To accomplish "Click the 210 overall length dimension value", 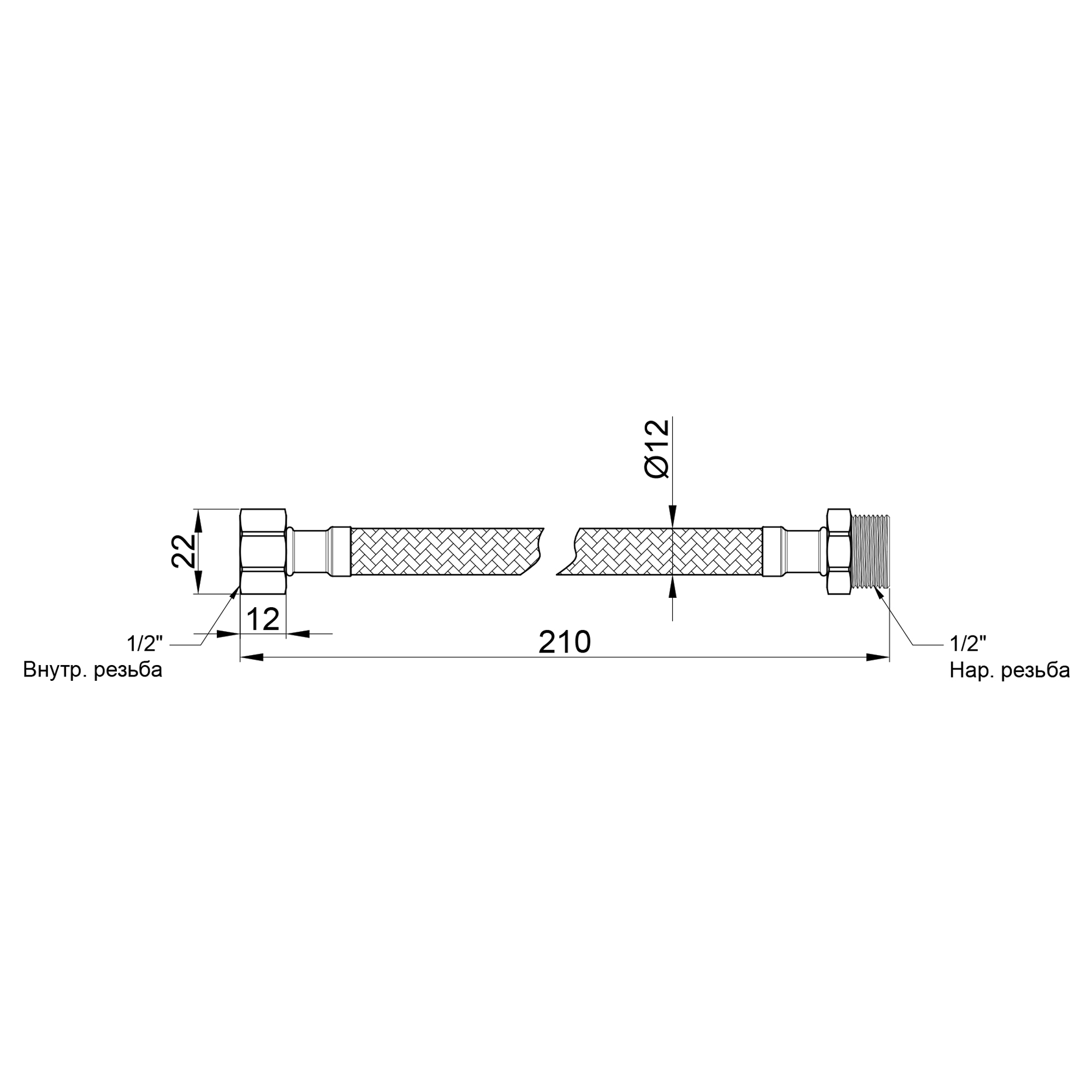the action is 564,642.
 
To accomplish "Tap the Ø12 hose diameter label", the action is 657,449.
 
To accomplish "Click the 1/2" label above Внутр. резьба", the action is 145,644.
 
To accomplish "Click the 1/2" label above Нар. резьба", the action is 968,644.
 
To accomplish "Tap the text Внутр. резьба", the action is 93,670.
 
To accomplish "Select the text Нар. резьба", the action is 1010,671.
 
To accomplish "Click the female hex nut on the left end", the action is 263,551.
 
